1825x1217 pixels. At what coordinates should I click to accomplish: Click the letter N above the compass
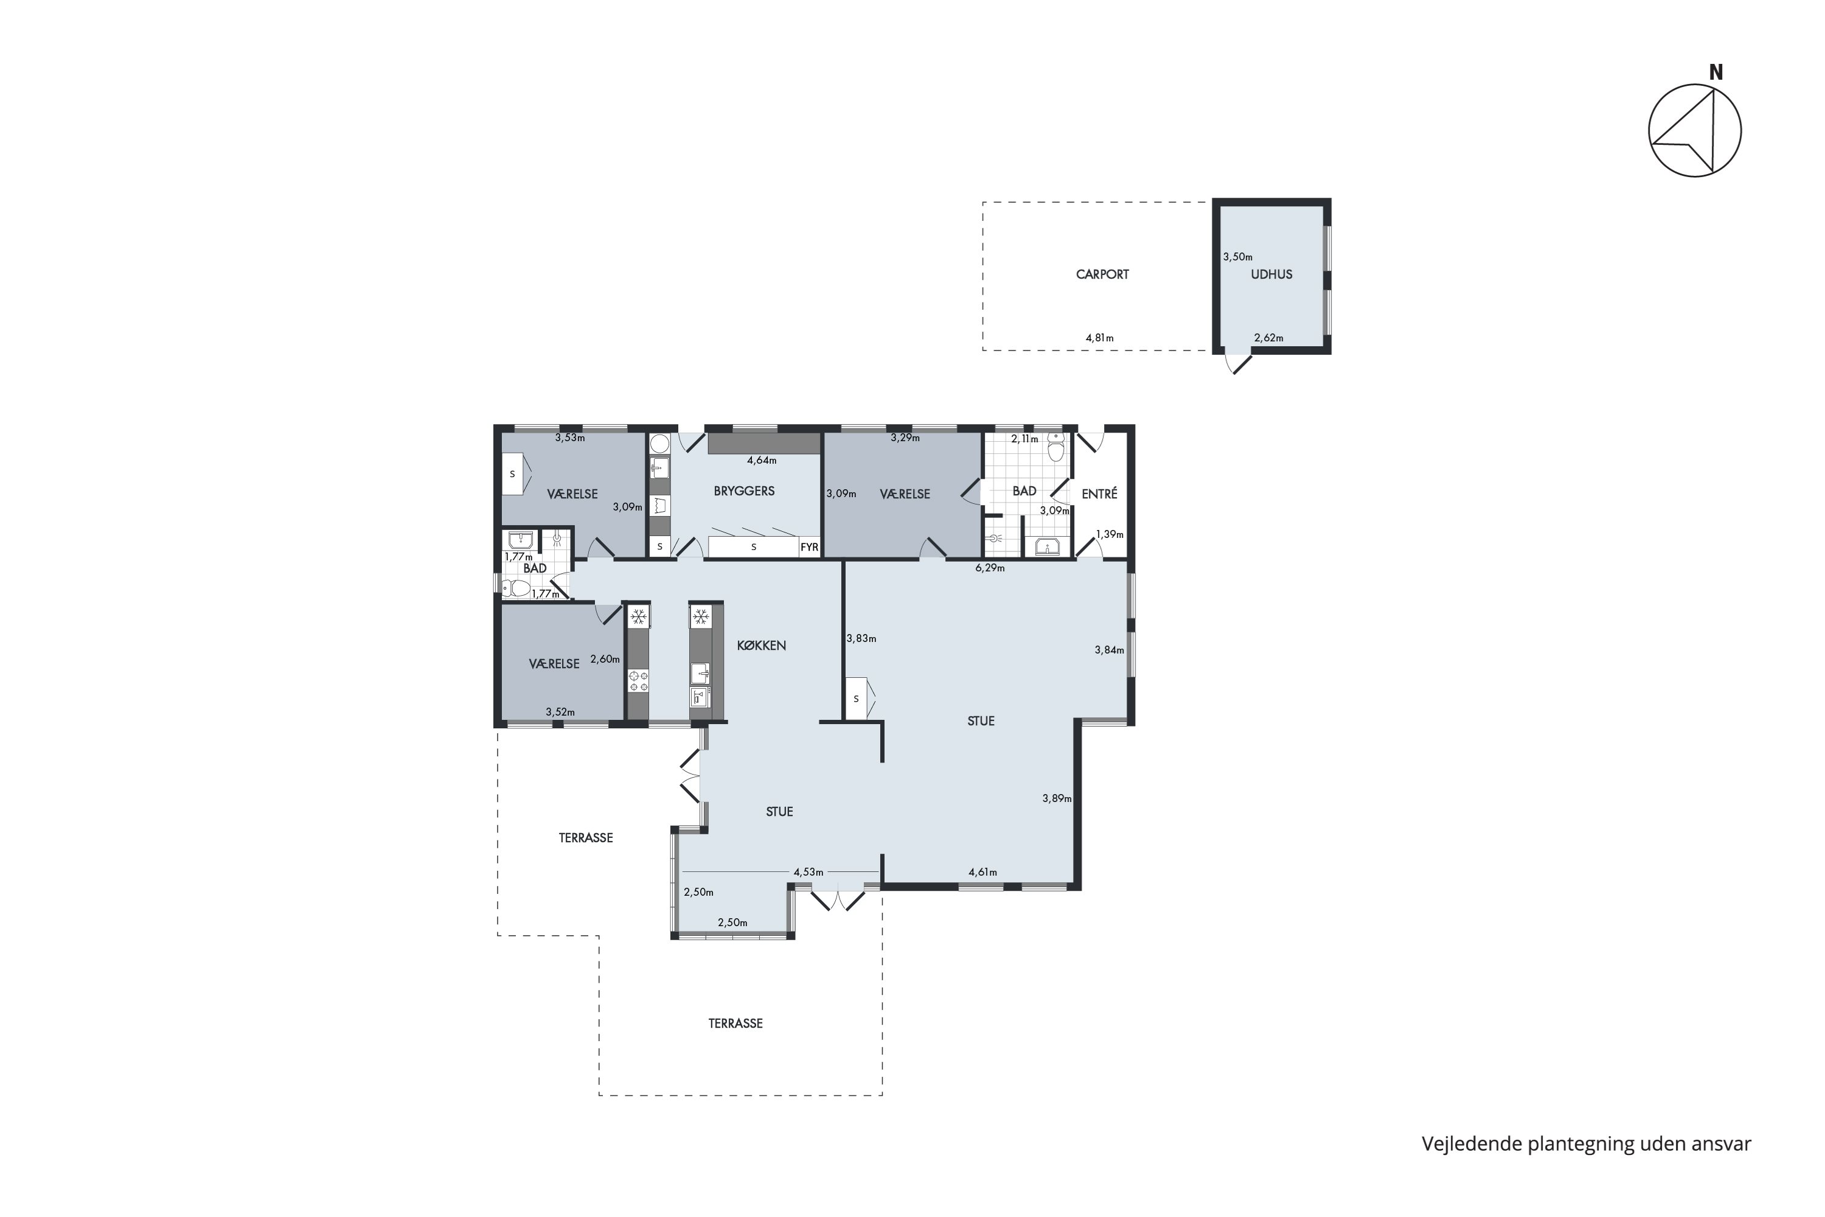point(1715,72)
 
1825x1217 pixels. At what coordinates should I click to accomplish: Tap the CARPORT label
point(1102,274)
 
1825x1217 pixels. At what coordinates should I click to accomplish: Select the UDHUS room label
point(1271,274)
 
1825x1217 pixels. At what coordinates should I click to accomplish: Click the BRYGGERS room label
point(744,490)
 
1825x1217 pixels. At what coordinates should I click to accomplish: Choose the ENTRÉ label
point(1099,493)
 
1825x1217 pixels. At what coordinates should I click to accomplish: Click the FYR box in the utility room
point(809,547)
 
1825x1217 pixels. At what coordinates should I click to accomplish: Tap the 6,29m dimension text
point(990,568)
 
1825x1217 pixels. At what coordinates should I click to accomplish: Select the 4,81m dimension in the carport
point(1099,338)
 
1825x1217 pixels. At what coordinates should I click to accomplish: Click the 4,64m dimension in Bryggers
point(762,460)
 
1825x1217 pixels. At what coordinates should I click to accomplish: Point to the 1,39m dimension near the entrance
point(1110,534)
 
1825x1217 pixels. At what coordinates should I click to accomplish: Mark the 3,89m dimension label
point(1057,798)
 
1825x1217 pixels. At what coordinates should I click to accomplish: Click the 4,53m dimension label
point(808,871)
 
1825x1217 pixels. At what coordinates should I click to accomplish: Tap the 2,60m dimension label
point(605,659)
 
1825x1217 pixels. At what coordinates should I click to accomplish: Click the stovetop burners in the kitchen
point(638,682)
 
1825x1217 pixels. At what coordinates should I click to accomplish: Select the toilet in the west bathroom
point(516,590)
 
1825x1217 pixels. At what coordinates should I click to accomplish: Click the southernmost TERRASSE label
point(735,1023)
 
